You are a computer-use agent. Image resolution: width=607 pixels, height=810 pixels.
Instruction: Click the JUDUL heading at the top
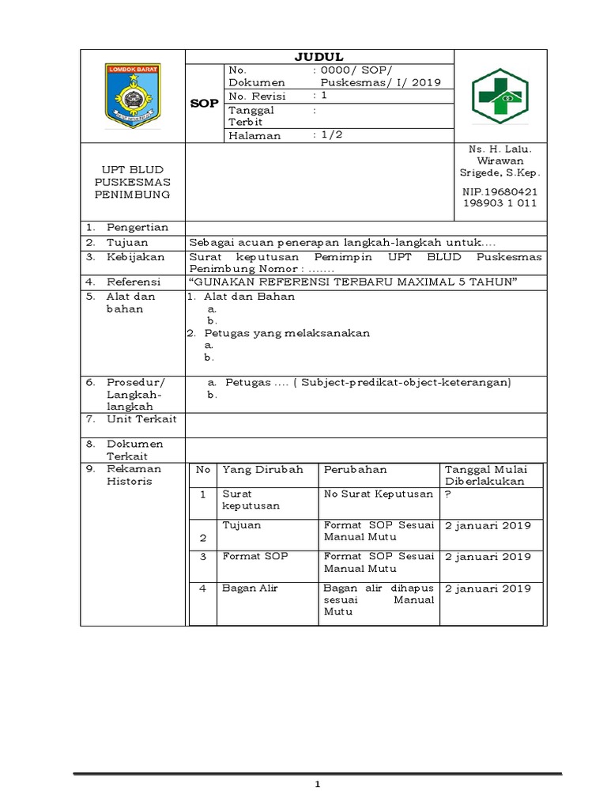tap(319, 56)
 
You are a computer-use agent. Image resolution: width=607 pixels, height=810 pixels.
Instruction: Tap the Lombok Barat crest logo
tap(132, 96)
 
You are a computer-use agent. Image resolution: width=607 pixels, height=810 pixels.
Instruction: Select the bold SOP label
tap(205, 104)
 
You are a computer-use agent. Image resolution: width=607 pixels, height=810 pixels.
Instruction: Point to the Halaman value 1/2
tap(327, 135)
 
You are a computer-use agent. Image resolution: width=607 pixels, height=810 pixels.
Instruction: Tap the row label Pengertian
tap(138, 228)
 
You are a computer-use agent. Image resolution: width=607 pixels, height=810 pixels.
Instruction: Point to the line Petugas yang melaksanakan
tap(282, 333)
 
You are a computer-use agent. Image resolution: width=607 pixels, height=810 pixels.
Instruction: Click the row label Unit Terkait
tap(142, 418)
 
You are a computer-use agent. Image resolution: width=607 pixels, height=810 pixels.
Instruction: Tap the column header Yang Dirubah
tap(263, 469)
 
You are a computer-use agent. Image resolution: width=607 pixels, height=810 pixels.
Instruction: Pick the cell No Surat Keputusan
tap(379, 494)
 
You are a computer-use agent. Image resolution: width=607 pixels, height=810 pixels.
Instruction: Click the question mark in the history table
tap(448, 494)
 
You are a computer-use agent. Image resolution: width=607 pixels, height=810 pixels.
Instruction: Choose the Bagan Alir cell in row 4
tap(251, 589)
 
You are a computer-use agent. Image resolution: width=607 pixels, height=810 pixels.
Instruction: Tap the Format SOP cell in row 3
tap(255, 556)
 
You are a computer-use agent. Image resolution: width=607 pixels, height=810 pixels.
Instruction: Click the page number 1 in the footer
tap(317, 785)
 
